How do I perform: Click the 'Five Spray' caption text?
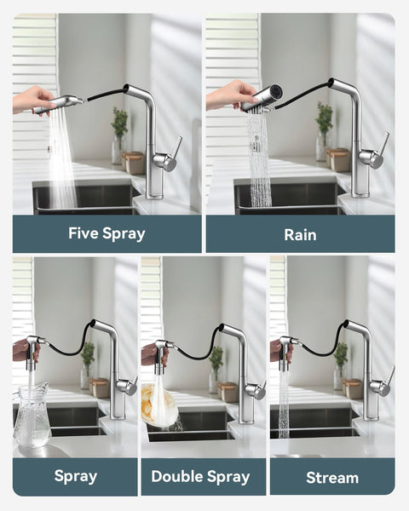tap(107, 233)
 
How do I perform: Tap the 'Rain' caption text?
tap(300, 233)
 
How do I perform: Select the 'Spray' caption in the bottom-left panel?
tap(75, 477)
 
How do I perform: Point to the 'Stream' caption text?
tap(332, 477)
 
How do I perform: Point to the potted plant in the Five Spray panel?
tap(118, 128)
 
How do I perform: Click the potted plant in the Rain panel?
tap(324, 123)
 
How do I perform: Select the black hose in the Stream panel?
tap(322, 347)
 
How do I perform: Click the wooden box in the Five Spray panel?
tap(134, 162)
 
